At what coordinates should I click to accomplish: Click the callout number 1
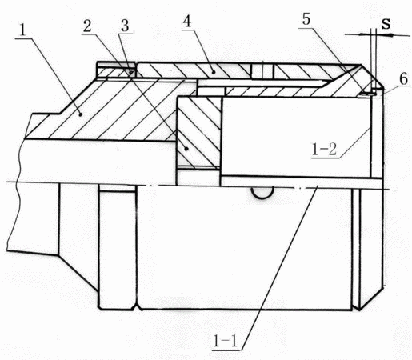pyautogui.click(x=22, y=30)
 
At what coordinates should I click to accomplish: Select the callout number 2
pyautogui.click(x=87, y=26)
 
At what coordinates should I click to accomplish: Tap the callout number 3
pyautogui.click(x=125, y=26)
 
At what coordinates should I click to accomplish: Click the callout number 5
pyautogui.click(x=306, y=19)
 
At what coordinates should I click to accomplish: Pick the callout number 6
pyautogui.click(x=404, y=79)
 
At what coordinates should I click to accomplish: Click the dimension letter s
pyautogui.click(x=386, y=23)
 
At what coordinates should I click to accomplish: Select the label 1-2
pyautogui.click(x=324, y=150)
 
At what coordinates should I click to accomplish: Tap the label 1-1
pyautogui.click(x=225, y=341)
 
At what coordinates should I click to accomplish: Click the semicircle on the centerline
pyautogui.click(x=262, y=197)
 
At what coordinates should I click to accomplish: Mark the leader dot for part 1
pyautogui.click(x=80, y=114)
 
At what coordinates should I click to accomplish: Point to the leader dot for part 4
pyautogui.click(x=214, y=72)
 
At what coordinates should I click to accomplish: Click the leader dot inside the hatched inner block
pyautogui.click(x=187, y=149)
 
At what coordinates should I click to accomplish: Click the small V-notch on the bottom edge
pyautogui.click(x=137, y=307)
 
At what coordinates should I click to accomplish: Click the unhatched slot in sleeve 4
pyautogui.click(x=262, y=71)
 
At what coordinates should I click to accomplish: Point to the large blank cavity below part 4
pyautogui.click(x=296, y=136)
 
